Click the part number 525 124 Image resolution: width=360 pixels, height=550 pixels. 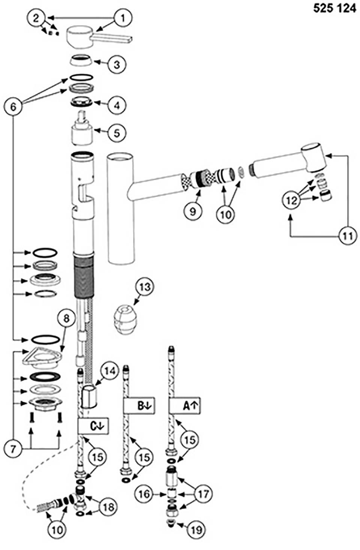tap(334, 8)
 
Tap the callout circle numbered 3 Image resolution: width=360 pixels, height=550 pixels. tap(117, 64)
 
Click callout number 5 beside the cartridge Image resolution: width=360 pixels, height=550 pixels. tap(117, 133)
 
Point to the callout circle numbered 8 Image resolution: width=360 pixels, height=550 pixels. tap(66, 319)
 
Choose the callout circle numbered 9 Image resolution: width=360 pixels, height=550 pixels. tap(192, 211)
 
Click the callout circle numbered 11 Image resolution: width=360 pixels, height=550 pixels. tap(348, 236)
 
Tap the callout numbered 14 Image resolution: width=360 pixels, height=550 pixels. tap(109, 371)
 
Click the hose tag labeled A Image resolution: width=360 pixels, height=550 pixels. tap(184, 406)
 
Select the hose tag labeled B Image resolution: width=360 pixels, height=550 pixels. tap(139, 406)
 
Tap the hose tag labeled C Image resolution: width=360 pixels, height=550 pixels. tap(93, 426)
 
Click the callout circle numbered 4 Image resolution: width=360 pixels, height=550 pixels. tap(117, 106)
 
